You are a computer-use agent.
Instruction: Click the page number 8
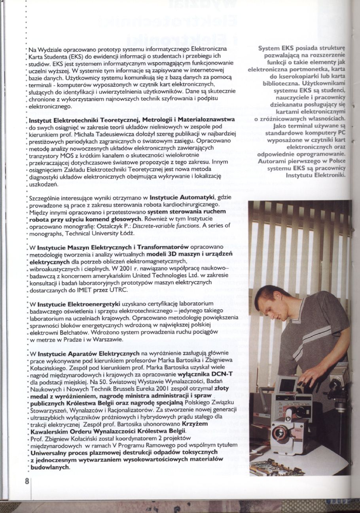click(27, 482)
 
